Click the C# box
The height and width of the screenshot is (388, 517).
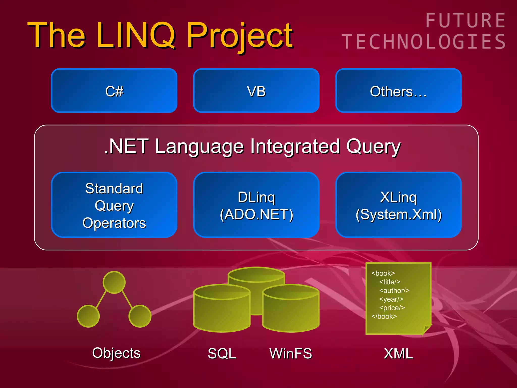(x=114, y=91)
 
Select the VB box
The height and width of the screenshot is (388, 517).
(x=256, y=91)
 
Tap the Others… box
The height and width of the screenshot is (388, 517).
(x=398, y=91)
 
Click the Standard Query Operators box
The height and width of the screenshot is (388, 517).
(x=114, y=205)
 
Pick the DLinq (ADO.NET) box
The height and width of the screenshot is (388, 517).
(x=256, y=205)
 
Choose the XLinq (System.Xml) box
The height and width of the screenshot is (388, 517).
(x=398, y=205)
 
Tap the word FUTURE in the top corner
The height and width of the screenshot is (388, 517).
(x=466, y=21)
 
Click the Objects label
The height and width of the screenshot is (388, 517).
(x=116, y=353)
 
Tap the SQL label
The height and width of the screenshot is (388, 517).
(x=222, y=354)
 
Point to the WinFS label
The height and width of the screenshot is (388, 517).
(x=291, y=354)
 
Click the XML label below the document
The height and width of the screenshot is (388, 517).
(x=398, y=354)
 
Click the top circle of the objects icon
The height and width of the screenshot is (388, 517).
(x=114, y=282)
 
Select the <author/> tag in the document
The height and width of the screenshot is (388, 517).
(x=394, y=290)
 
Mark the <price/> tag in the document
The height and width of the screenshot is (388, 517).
(x=392, y=308)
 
